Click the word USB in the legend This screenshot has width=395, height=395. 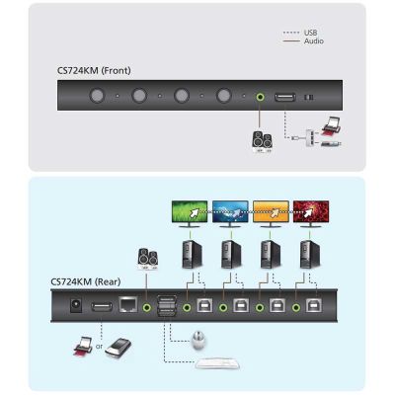[310, 33]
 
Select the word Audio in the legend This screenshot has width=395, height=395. [314, 41]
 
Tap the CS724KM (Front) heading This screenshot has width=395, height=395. [94, 70]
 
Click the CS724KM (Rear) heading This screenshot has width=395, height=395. [86, 281]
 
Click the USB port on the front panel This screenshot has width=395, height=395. [285, 97]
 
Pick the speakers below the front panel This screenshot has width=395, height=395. [262, 142]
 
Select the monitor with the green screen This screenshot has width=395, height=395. [190, 214]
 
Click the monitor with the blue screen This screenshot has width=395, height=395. [230, 214]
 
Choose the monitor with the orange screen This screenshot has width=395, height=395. [271, 214]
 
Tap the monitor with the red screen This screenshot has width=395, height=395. [311, 214]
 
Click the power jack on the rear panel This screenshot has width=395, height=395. [76, 305]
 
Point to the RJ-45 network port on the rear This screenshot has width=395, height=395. [128, 304]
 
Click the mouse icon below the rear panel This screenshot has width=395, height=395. [198, 341]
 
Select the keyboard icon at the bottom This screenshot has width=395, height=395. [217, 363]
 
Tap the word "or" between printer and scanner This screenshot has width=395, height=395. [99, 347]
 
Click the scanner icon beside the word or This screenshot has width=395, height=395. [118, 348]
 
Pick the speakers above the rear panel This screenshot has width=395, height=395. [148, 258]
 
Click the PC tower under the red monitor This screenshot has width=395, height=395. [309, 254]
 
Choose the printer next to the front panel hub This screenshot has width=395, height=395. [332, 126]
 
